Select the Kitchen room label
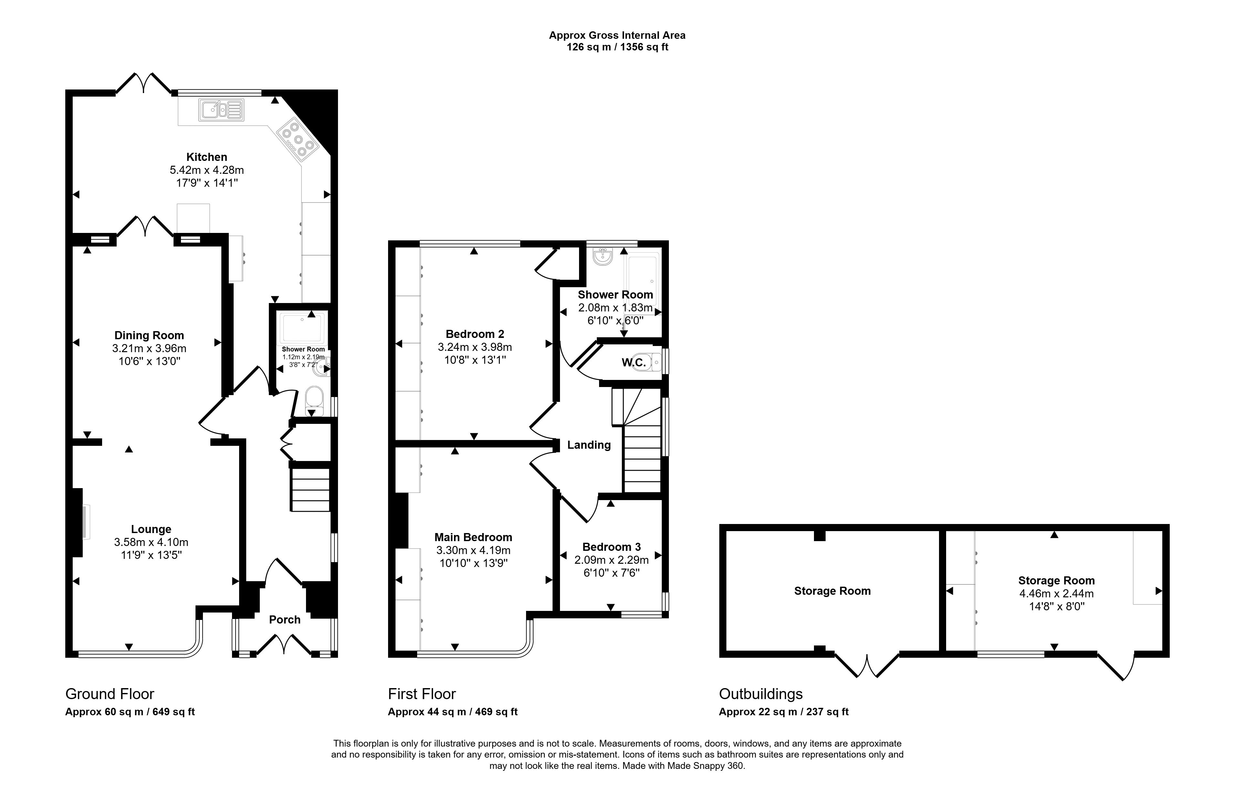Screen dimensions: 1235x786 point(207,157)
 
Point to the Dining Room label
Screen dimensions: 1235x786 point(149,335)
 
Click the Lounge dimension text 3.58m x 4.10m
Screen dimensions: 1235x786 point(151,542)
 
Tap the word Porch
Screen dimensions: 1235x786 point(285,619)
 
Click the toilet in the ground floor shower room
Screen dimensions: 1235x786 point(314,402)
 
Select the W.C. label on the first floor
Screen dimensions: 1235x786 point(634,362)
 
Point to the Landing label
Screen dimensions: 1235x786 point(589,445)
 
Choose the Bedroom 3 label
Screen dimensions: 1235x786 point(611,547)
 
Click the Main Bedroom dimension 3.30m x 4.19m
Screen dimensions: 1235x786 point(473,550)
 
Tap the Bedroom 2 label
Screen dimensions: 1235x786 point(475,334)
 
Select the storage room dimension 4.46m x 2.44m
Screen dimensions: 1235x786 point(1057,594)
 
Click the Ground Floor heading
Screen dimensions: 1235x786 point(110,694)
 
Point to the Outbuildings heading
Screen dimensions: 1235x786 point(761,694)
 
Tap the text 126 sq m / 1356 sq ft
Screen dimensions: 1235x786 point(617,47)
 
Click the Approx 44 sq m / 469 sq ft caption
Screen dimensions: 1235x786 point(453,712)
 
